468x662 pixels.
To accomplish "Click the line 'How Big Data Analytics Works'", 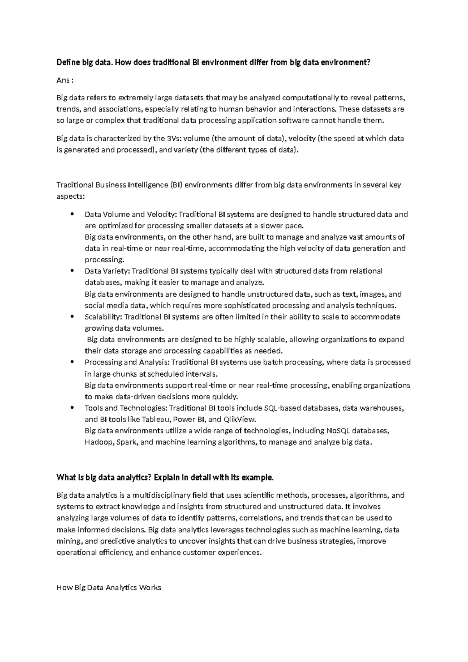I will (109, 587).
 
